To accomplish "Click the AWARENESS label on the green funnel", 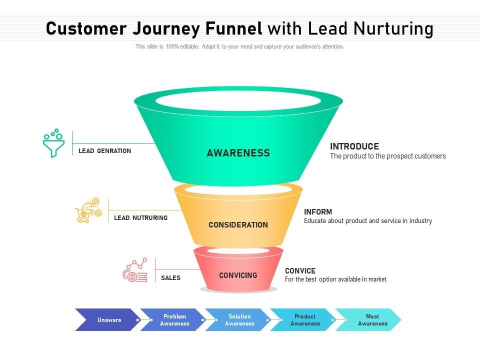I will (x=238, y=153).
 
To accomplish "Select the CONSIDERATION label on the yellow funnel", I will (x=238, y=225).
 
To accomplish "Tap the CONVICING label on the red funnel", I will (x=238, y=275).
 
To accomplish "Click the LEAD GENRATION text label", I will (x=104, y=151).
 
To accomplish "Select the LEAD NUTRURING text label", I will (x=140, y=218).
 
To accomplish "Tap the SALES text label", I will (x=170, y=278).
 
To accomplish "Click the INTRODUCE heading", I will (x=354, y=146).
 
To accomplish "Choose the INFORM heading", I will (x=318, y=212).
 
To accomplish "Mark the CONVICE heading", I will (x=300, y=271).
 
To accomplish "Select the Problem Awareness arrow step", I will (x=174, y=320).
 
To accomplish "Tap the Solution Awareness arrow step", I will (x=239, y=320).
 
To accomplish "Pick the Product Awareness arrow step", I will (x=305, y=320).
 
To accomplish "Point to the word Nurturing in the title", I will (x=393, y=29).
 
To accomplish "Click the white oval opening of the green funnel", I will (x=238, y=100).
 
